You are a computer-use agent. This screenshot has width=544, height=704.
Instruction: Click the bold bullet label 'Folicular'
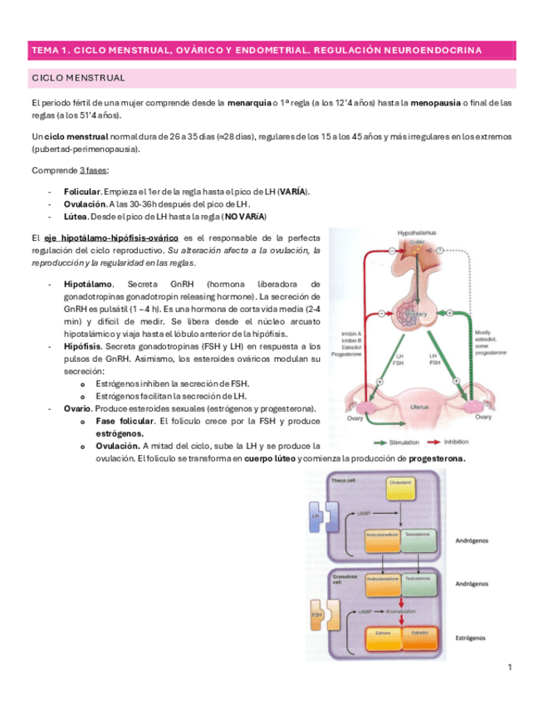pyautogui.click(x=81, y=191)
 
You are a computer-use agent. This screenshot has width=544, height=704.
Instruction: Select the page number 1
pyautogui.click(x=510, y=667)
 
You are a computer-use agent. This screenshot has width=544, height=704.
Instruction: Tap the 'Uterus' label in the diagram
pyautogui.click(x=419, y=407)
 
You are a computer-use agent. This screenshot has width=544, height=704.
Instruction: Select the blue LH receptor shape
pyautogui.click(x=316, y=516)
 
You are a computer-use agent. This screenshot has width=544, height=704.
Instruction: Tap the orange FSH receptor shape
pyautogui.click(x=316, y=615)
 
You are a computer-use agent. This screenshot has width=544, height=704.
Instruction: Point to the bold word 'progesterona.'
pyautogui.click(x=437, y=458)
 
